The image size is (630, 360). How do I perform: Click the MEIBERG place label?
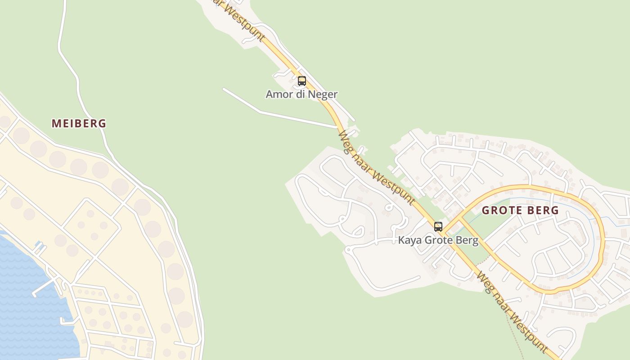[x=79, y=123]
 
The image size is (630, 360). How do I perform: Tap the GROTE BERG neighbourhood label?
[x=520, y=210]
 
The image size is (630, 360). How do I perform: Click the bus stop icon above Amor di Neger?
[x=302, y=81]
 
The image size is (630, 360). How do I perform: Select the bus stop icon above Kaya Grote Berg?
[x=438, y=227]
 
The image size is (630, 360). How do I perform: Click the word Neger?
[x=324, y=94]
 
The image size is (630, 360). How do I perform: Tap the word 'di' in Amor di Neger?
[x=300, y=94]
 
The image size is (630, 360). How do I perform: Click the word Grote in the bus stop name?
[x=437, y=240]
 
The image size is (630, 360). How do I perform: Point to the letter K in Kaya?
[x=401, y=240]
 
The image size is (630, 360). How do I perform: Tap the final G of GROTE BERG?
[x=555, y=210]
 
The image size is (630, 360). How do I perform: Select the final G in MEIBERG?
[x=103, y=123]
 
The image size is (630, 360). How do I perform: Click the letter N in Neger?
[x=314, y=94]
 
